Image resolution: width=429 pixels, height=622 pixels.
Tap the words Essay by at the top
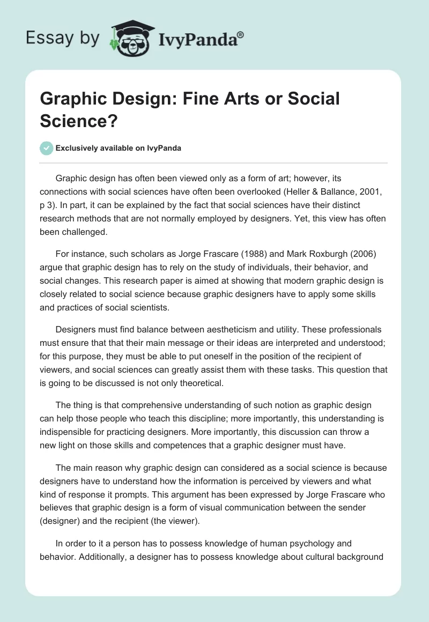tap(63, 38)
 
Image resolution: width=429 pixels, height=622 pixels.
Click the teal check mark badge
tap(47, 148)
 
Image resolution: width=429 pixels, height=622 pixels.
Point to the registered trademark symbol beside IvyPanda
tap(241, 34)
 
